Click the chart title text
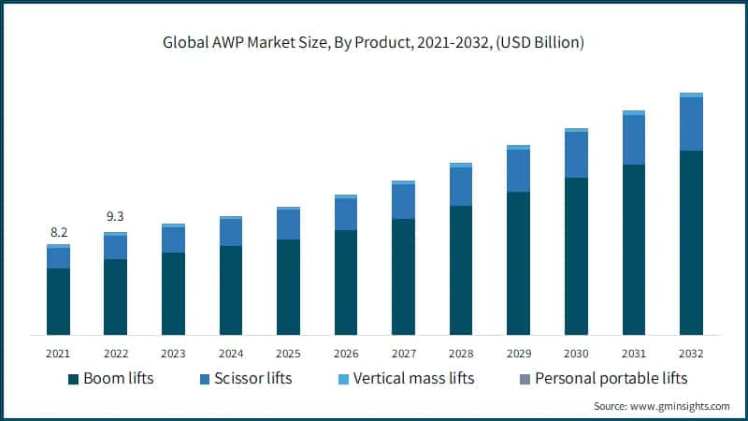coord(374,43)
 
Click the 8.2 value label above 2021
coord(58,232)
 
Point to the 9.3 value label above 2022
coord(115,217)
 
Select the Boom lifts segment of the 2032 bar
coord(691,242)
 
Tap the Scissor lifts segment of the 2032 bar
coord(691,123)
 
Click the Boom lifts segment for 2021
coord(58,301)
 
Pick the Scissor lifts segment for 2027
coord(403,201)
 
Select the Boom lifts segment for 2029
coord(518,263)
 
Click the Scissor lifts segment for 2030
coord(576,154)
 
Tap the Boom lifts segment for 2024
coord(231,290)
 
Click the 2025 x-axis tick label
coord(288,354)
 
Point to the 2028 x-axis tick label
coord(461,354)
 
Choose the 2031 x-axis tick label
coord(633,354)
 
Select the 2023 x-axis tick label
coord(173,354)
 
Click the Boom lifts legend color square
coord(72,379)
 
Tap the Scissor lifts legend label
coord(252,378)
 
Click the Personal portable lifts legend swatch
coord(525,379)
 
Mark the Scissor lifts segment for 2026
coord(346,214)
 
